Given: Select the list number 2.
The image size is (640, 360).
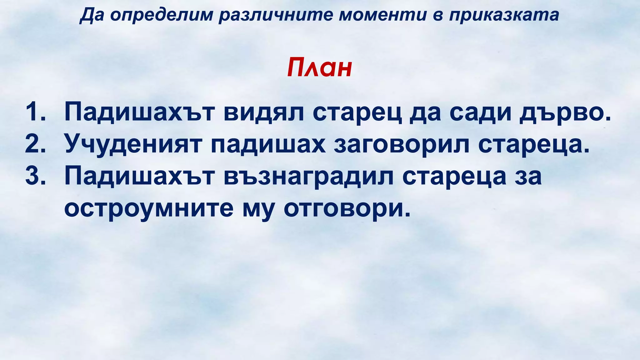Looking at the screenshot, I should (35, 144).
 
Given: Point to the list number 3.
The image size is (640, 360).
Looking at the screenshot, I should (35, 176).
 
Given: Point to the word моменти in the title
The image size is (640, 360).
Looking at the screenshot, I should (383, 15).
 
